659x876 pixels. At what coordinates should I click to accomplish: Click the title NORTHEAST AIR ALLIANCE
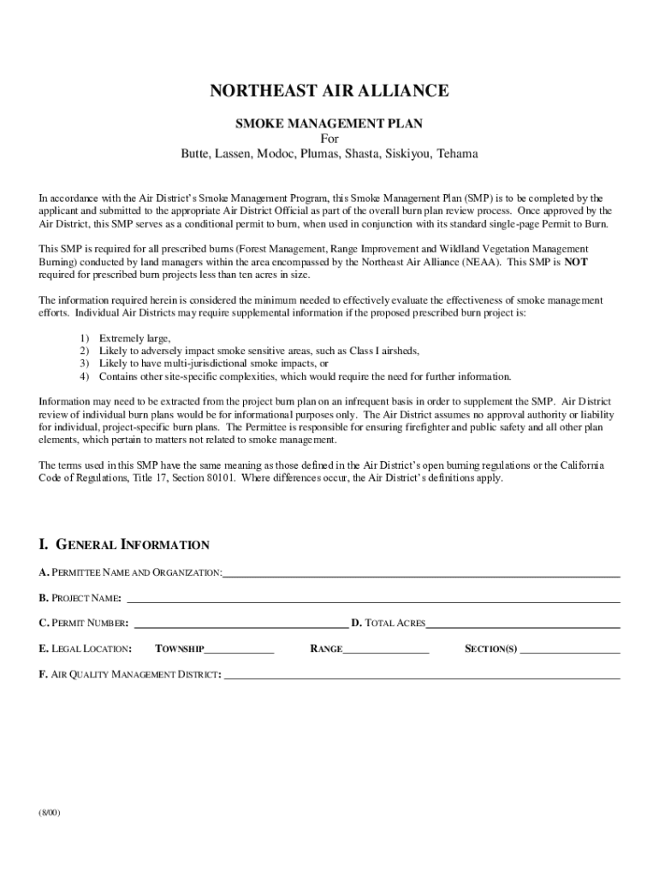[329, 91]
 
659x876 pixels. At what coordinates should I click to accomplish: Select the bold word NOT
[576, 263]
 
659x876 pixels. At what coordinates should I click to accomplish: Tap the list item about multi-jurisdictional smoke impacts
[214, 364]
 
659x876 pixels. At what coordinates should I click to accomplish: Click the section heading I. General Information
[124, 545]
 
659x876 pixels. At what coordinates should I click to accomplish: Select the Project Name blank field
[373, 599]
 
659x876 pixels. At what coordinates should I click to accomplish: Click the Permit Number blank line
[242, 624]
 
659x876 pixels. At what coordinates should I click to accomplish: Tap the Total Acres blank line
[523, 624]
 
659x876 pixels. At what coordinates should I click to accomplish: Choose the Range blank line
[385, 650]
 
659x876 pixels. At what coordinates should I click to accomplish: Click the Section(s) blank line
[570, 650]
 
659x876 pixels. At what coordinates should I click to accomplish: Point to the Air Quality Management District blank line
[422, 676]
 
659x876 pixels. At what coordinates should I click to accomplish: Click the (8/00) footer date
[49, 812]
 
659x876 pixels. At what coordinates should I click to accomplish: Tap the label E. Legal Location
[85, 649]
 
